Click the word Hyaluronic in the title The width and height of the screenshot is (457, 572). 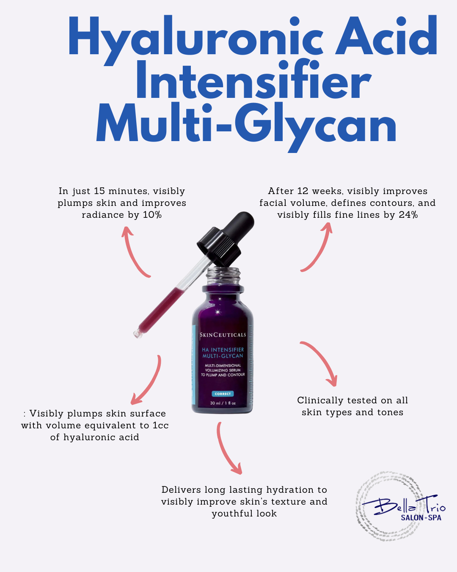click(x=196, y=40)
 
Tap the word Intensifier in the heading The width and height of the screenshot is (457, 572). click(x=253, y=79)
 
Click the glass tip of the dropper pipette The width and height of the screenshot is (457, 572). click(x=138, y=333)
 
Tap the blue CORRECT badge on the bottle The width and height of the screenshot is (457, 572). click(x=223, y=394)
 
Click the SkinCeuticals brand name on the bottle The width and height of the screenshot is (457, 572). click(x=223, y=335)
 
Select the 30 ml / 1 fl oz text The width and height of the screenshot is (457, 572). click(x=223, y=403)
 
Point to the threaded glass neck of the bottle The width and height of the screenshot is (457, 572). click(x=223, y=276)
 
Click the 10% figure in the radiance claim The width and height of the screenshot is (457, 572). click(x=152, y=215)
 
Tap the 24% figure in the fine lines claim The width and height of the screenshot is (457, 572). click(x=408, y=215)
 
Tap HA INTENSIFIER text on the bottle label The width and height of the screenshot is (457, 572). click(x=223, y=350)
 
